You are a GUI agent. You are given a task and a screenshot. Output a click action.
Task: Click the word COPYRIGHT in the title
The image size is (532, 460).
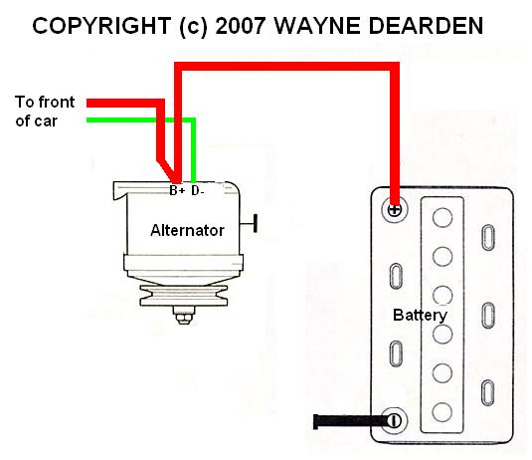pos(101,26)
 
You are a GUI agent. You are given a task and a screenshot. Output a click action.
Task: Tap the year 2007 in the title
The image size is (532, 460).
pos(240,26)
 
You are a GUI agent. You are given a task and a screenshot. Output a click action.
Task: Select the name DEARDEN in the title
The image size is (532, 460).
pos(426,26)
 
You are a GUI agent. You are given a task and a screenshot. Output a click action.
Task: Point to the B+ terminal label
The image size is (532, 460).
pos(177,190)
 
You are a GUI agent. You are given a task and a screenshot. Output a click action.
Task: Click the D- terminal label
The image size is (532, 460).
pos(198,190)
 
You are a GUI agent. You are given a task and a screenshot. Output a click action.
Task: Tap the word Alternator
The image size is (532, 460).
pos(187,230)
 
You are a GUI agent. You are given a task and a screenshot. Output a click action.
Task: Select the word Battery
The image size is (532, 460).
pos(420,316)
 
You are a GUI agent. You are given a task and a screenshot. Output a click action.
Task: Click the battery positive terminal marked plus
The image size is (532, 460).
pos(394,210)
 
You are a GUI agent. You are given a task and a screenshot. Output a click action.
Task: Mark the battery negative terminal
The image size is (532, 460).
pos(394,421)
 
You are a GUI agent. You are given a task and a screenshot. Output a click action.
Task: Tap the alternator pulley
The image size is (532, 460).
pos(184,296)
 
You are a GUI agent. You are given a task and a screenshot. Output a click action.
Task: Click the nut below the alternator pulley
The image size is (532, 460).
pos(184,318)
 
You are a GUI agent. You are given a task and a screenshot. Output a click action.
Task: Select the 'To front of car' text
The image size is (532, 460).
pos(45,112)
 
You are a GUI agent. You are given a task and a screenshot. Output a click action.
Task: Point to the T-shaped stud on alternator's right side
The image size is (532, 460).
pos(250,224)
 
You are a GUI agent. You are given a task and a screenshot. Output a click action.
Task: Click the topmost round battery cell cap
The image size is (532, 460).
pos(443,218)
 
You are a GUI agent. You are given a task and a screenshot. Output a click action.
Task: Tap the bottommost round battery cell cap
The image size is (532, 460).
pos(443,412)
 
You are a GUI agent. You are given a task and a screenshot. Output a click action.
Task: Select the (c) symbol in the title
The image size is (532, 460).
pos(193,27)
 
